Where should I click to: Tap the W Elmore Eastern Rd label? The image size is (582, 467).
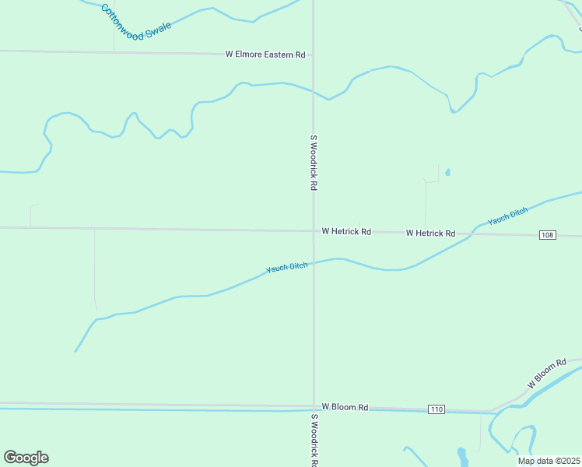[265, 54]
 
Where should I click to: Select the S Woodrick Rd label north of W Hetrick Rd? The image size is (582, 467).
[314, 163]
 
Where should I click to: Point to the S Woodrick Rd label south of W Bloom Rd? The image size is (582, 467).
[314, 440]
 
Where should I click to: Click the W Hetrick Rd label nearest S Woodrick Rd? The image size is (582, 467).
[346, 232]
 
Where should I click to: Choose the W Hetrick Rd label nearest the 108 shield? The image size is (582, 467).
[430, 233]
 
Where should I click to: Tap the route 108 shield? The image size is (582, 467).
[547, 235]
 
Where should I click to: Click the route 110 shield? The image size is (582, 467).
[436, 409]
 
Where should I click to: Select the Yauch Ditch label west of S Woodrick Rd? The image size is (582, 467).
[287, 268]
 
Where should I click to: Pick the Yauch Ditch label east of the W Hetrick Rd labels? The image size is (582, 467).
[508, 216]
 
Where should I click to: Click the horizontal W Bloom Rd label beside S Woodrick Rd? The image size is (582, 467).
[345, 407]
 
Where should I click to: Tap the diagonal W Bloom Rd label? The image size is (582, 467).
[546, 374]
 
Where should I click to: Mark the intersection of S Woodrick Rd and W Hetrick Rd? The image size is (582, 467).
[314, 230]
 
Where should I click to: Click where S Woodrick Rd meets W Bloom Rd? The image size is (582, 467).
[314, 406]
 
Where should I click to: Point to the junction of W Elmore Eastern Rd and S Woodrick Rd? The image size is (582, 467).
[313, 55]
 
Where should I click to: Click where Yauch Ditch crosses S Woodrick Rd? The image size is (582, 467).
[314, 262]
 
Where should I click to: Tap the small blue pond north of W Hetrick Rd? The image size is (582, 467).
[447, 173]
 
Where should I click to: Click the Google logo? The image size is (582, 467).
[26, 458]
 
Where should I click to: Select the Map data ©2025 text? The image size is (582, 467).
[549, 461]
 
